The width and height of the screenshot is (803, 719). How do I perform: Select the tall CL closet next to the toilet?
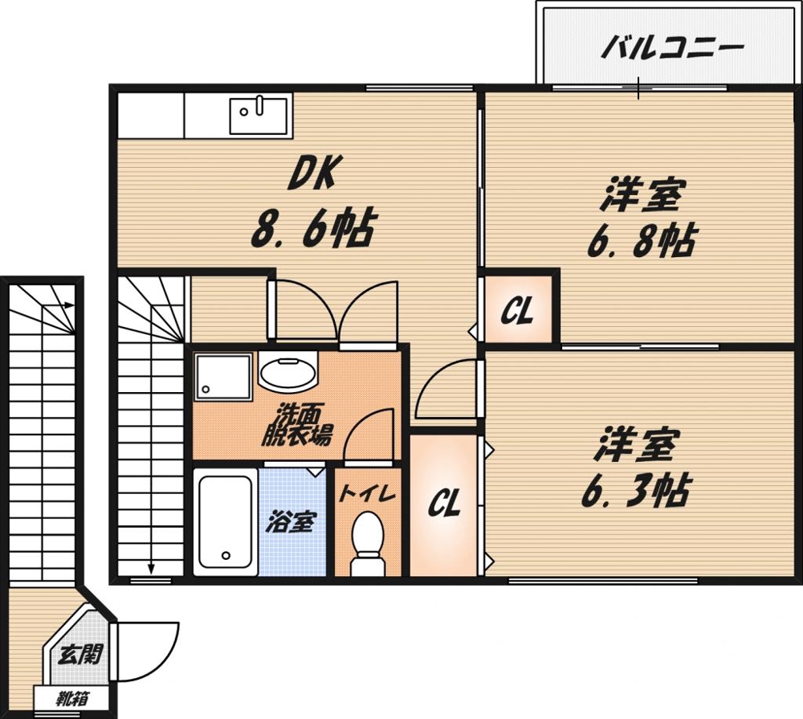[442, 505]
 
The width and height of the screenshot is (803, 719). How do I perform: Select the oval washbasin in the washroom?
[288, 373]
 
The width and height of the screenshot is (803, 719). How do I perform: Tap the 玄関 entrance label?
[79, 655]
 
